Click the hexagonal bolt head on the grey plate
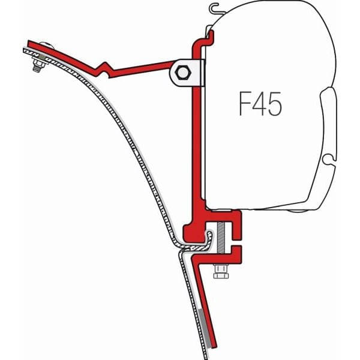(184, 74)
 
